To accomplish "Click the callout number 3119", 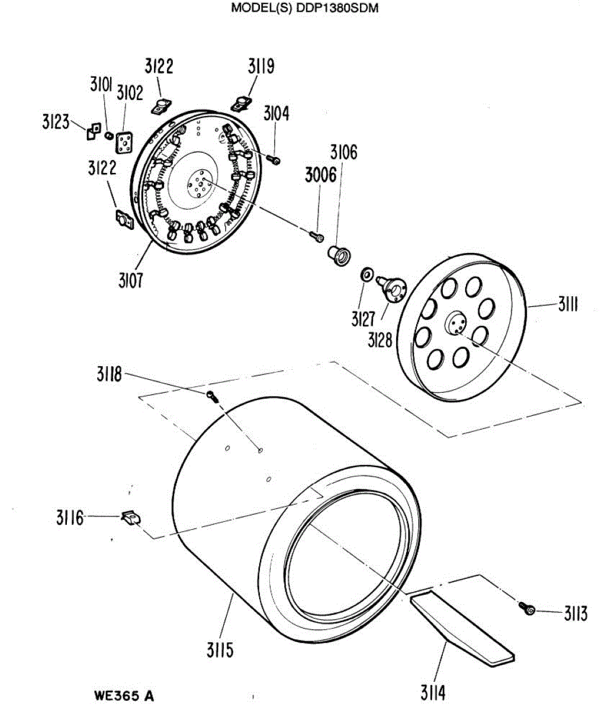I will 261,67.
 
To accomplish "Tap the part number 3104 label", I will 276,114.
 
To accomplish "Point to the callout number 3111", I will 567,306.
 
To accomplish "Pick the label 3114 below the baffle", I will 433,692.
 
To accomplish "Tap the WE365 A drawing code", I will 124,695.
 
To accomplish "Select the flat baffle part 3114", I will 462,626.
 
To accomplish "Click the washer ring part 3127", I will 367,274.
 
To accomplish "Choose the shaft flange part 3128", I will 392,287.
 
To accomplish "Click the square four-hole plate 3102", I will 124,142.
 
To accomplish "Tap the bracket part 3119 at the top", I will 240,104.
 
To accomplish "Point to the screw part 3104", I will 274,159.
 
